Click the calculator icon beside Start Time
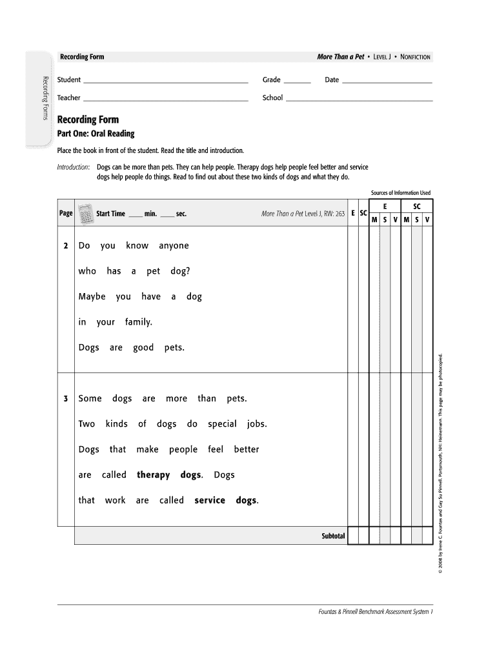85,213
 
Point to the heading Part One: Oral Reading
96,134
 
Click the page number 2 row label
66,246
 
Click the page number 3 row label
66,399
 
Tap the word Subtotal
333,536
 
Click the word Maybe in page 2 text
92,297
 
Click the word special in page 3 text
222,424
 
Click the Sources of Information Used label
400,193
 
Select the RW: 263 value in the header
335,214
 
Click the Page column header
66,213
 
